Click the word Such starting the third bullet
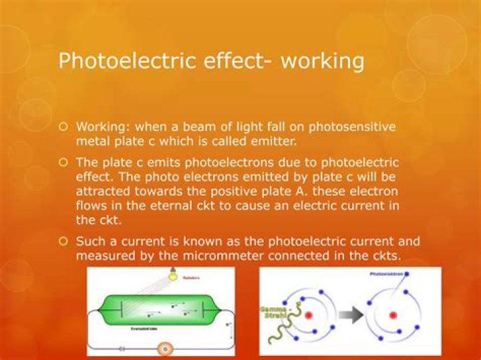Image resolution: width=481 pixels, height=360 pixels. pyautogui.click(x=90, y=241)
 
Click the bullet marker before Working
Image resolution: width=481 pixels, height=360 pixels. pyautogui.click(x=64, y=126)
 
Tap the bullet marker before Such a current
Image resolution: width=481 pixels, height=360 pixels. pyautogui.click(x=64, y=241)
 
